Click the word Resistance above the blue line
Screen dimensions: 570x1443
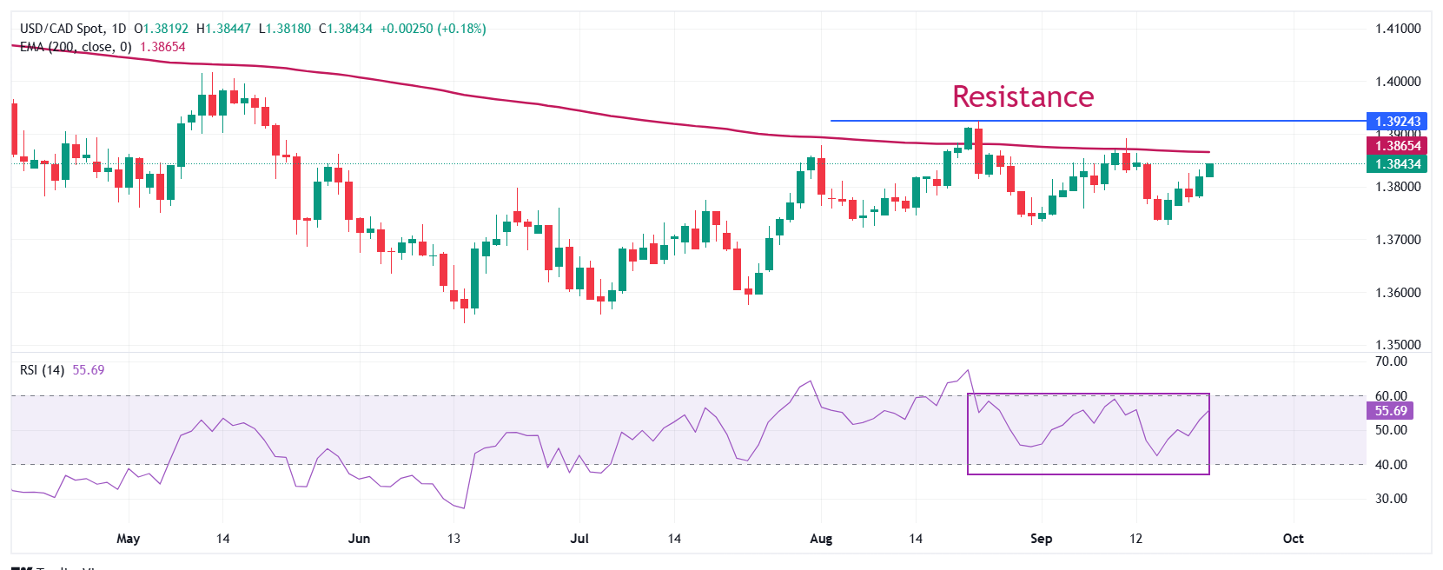click(1023, 96)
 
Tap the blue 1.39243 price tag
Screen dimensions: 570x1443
click(1398, 122)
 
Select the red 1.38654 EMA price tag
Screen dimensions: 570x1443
click(1398, 146)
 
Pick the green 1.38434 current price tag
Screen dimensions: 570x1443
click(1398, 164)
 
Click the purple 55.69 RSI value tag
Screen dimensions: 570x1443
click(1390, 411)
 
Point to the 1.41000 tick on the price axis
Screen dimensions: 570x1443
click(1398, 29)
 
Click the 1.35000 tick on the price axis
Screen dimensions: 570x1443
click(1398, 345)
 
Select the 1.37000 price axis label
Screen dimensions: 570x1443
click(1398, 240)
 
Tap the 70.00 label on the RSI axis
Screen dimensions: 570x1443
click(1391, 361)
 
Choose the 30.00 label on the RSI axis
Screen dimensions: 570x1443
click(1391, 499)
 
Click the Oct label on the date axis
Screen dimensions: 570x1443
click(1293, 539)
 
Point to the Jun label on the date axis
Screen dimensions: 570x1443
click(359, 539)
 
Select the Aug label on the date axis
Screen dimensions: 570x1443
click(821, 539)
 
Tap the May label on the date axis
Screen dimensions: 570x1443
click(128, 539)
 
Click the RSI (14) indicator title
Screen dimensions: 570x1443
click(42, 370)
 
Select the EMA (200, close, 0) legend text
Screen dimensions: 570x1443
click(76, 47)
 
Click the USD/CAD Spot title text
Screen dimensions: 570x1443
click(61, 29)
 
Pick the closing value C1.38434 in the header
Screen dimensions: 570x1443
click(345, 29)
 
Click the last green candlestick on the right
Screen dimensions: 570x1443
click(1209, 169)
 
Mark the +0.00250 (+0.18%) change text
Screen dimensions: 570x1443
click(433, 29)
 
